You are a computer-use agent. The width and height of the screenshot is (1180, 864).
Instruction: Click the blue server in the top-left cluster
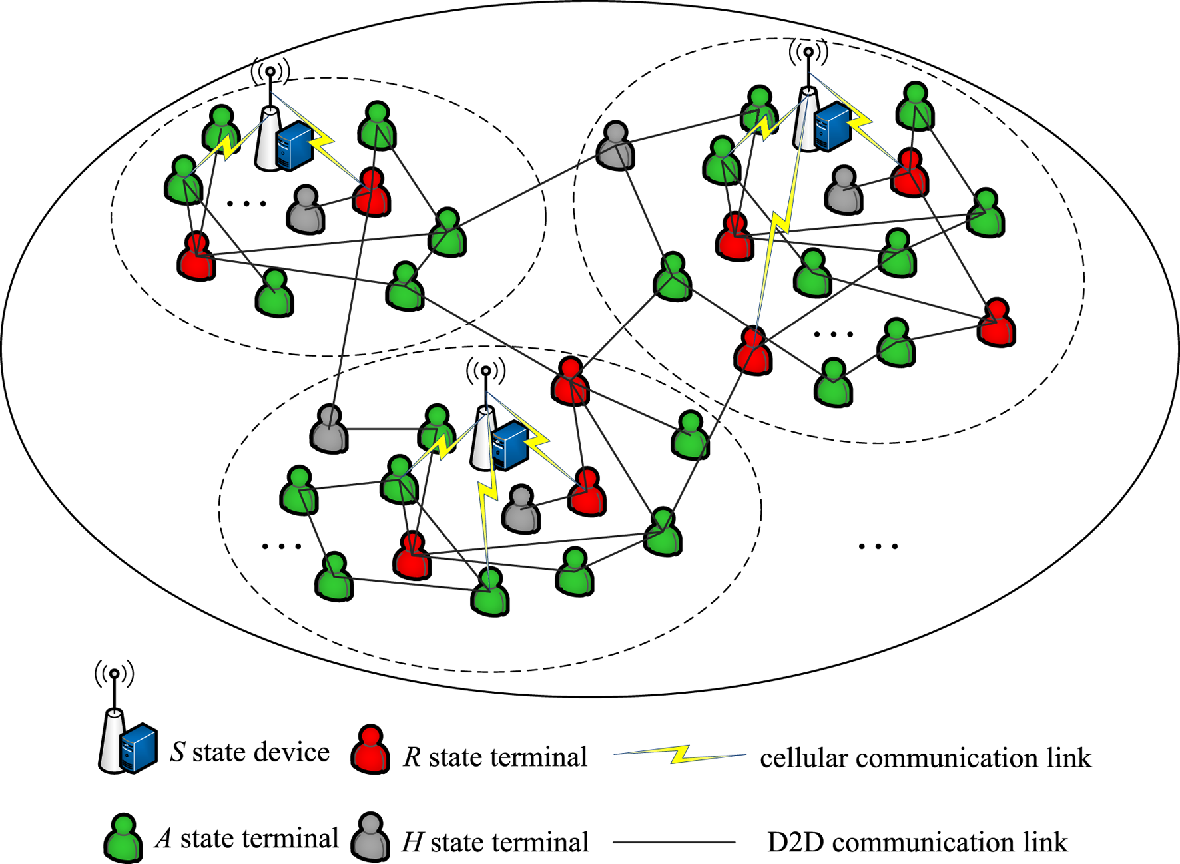pyautogui.click(x=295, y=148)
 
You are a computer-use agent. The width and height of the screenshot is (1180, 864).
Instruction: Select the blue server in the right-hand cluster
pyautogui.click(x=833, y=126)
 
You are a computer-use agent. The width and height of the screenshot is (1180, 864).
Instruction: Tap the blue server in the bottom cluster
pyautogui.click(x=511, y=446)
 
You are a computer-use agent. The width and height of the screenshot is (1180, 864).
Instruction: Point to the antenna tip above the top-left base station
pyautogui.click(x=270, y=71)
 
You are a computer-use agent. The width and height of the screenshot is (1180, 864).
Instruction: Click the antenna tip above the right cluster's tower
pyautogui.click(x=808, y=51)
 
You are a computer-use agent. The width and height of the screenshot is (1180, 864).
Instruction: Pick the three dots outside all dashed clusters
pyautogui.click(x=878, y=546)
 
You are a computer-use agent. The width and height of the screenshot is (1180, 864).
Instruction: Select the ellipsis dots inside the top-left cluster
pyautogui.click(x=247, y=203)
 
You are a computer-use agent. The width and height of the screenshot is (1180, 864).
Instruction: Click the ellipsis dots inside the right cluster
pyautogui.click(x=834, y=334)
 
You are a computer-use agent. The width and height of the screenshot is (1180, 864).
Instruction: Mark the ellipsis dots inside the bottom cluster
pyautogui.click(x=282, y=546)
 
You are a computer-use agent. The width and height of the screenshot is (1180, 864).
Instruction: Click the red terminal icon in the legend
pyautogui.click(x=370, y=750)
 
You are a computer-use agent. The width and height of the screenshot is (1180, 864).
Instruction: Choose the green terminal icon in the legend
pyautogui.click(x=123, y=838)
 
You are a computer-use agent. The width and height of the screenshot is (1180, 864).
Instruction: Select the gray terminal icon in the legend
pyautogui.click(x=370, y=837)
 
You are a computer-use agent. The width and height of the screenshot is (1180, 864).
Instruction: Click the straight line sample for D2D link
pyautogui.click(x=673, y=843)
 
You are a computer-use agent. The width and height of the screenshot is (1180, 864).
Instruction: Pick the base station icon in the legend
pyautogui.click(x=127, y=739)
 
